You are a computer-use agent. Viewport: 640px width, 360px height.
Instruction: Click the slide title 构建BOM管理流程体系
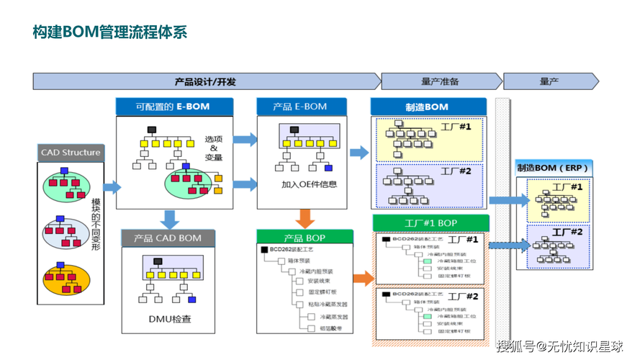pos(109,32)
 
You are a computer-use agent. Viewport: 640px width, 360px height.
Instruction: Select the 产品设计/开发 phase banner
pos(205,81)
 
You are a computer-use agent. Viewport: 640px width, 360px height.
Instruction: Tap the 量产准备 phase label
pos(440,81)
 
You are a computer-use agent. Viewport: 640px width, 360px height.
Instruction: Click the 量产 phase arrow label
pos(549,81)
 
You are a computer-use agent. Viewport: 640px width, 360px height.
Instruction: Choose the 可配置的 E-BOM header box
pos(173,107)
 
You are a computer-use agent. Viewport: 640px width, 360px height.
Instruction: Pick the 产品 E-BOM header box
pos(300,107)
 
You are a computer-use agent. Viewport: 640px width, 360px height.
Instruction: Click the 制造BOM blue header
pos(426,107)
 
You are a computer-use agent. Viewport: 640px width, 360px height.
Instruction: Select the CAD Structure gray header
pos(71,153)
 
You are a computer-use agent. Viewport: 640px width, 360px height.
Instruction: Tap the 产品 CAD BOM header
pos(167,238)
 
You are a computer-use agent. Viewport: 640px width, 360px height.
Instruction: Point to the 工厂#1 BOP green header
pos(430,222)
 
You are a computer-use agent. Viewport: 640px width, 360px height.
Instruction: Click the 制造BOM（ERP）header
pos(554,168)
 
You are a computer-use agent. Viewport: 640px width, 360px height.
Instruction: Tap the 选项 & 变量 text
pos(214,148)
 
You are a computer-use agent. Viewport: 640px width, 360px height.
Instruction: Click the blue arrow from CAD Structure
pos(112,188)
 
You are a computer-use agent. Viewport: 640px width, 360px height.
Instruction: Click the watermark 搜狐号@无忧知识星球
pos(559,346)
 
